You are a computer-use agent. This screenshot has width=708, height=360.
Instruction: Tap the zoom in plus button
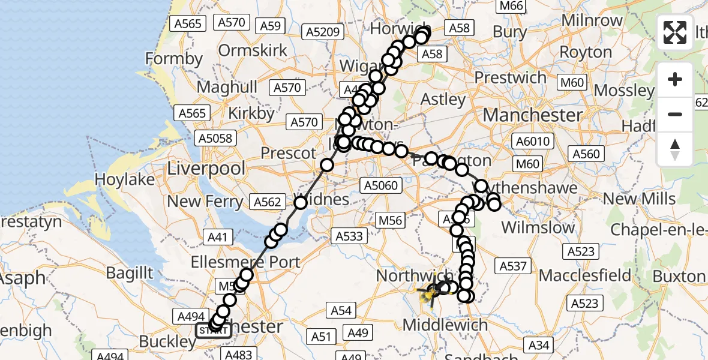[675, 80]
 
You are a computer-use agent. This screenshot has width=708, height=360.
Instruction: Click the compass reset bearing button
[675, 149]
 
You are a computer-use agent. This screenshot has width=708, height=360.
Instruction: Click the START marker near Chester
[213, 330]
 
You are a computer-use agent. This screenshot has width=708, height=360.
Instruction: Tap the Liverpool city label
[206, 169]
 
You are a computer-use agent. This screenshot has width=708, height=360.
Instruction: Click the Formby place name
[174, 59]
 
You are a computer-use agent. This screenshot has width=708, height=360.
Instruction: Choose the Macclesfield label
[585, 276]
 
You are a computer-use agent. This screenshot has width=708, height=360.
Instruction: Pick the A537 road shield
[512, 266]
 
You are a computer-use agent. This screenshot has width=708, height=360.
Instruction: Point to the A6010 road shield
[532, 142]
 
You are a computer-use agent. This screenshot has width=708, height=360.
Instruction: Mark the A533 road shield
[350, 236]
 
